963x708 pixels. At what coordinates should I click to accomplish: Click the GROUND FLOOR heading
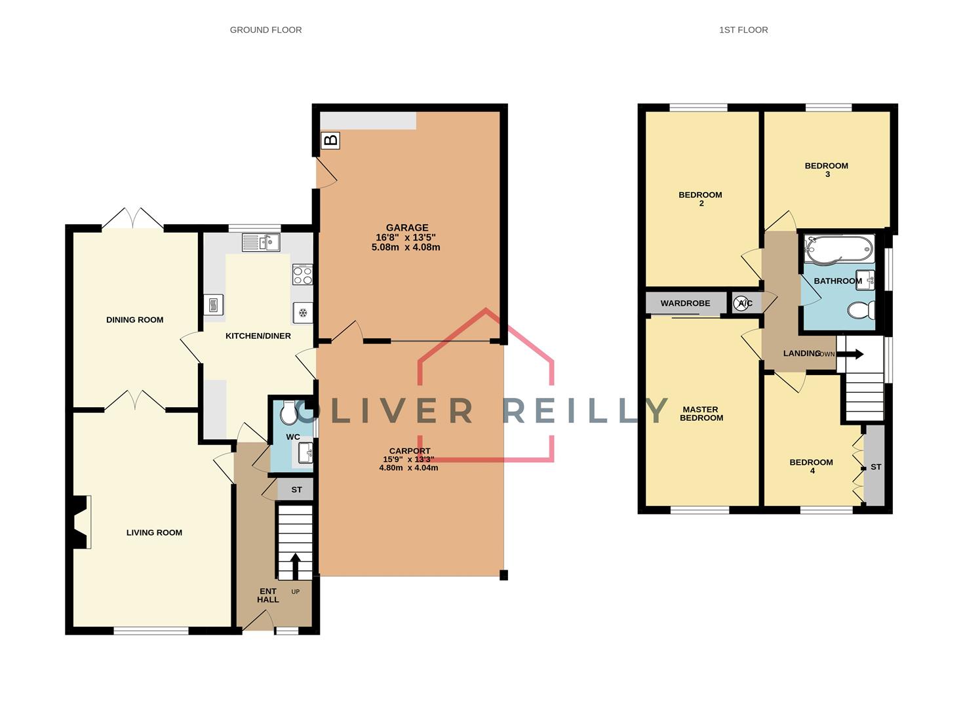(265, 29)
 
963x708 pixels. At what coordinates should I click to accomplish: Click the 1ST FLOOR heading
(743, 29)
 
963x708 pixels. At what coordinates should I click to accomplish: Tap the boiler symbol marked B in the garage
(331, 140)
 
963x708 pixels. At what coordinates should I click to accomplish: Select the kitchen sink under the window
(261, 243)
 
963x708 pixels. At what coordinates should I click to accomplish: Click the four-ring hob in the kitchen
(302, 274)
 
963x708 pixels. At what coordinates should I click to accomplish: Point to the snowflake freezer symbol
(303, 313)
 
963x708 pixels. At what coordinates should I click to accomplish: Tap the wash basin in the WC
(305, 452)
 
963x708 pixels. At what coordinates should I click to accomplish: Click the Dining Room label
(134, 320)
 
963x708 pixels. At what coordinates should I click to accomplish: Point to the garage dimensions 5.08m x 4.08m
(406, 247)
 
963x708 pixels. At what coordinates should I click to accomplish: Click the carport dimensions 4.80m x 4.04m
(408, 467)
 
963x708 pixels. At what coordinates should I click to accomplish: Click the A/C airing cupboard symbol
(744, 303)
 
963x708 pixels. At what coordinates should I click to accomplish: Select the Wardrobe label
(685, 304)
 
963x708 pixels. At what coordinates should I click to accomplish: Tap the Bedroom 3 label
(827, 170)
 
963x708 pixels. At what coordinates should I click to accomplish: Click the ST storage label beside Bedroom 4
(876, 467)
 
